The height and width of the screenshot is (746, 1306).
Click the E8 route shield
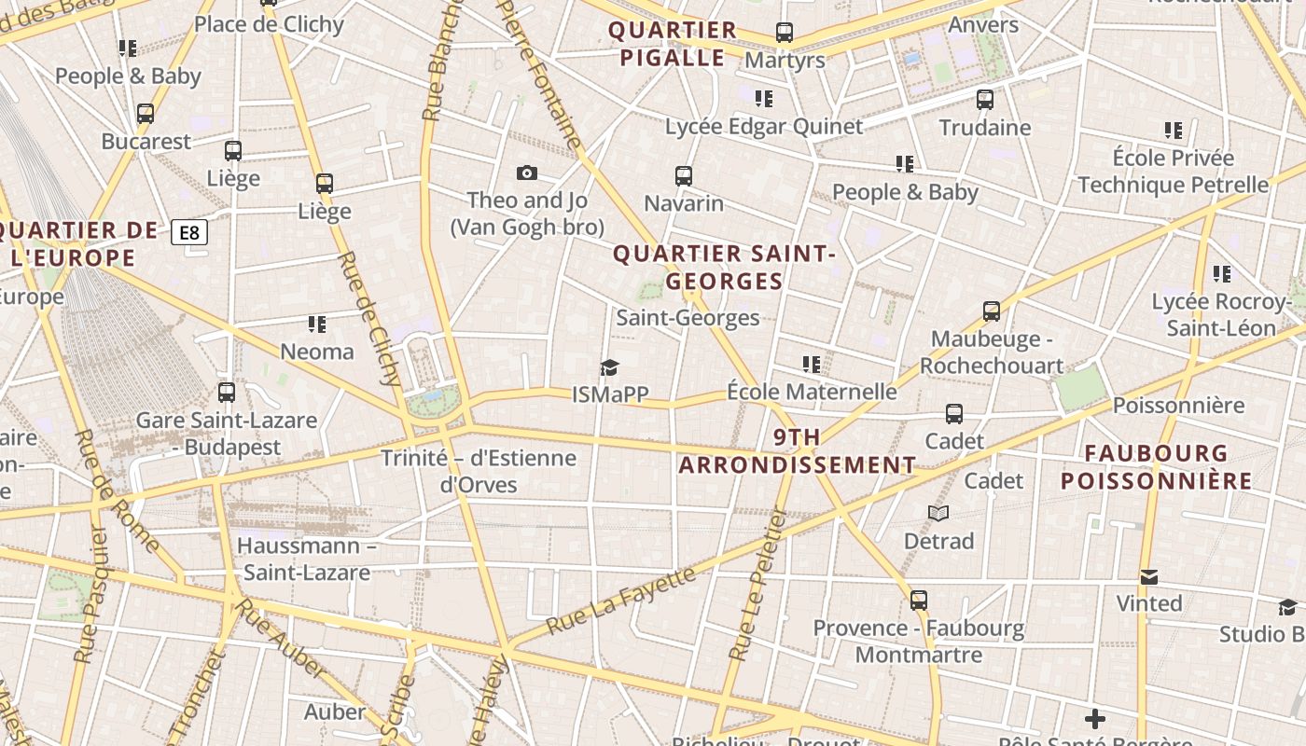point(189,232)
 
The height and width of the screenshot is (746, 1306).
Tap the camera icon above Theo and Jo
point(527,173)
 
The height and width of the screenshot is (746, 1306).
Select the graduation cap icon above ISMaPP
point(610,367)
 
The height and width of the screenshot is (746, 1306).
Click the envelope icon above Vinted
point(1149,577)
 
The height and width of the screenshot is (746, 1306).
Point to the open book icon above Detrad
point(938,514)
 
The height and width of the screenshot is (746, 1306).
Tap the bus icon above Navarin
point(684,175)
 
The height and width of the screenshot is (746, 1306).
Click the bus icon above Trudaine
point(985,100)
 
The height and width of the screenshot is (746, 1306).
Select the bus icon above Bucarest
point(146,114)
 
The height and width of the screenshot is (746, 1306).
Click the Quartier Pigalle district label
point(673,44)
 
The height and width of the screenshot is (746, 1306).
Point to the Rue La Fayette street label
point(620,601)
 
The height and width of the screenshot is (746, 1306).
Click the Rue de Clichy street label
point(372,319)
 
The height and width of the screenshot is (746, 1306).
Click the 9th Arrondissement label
point(798,450)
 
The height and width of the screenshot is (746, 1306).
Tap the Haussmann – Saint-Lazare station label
point(307,559)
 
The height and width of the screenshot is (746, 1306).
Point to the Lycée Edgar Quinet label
point(764,126)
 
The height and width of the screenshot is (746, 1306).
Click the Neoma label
point(317,352)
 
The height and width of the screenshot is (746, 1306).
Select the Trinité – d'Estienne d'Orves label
point(479,471)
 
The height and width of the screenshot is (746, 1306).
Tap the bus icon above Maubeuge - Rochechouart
point(992,311)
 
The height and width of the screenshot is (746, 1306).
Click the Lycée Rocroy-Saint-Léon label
point(1221,314)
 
